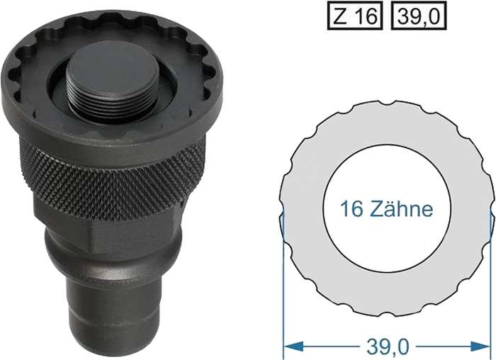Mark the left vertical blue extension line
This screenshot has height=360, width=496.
point(283,283)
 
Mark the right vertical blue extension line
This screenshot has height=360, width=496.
point(492,283)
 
